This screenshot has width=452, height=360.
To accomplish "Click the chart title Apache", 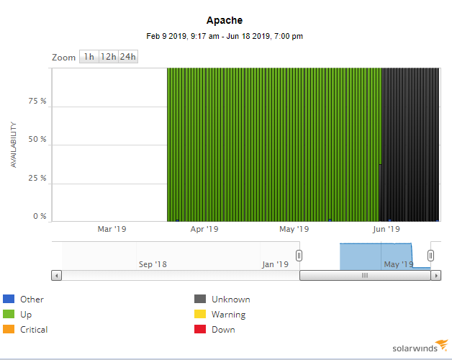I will coord(225,20).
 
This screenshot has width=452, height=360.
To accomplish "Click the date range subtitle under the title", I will coord(225,36).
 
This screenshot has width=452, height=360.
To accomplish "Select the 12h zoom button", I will coord(108,57).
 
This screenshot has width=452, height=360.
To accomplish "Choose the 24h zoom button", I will coord(128,57).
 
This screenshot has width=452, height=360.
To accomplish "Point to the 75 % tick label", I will coord(37,101).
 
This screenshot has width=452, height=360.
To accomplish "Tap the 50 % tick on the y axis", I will coord(37,140).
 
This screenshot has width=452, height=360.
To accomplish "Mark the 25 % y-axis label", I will coord(37,178).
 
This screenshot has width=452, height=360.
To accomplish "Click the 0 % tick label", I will coord(40,216).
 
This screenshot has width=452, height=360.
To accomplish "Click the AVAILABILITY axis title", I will coord(14,145).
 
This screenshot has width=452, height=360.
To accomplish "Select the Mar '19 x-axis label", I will coord(112,230).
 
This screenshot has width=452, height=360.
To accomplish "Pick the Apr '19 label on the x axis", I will coord(204,230).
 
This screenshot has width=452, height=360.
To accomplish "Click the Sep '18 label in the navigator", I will coord(152,264).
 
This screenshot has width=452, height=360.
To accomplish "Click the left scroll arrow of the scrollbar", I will coord(57,275).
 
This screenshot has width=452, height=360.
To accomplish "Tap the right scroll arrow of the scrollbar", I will coord(435,275).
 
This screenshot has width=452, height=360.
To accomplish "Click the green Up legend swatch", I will coord(9,315).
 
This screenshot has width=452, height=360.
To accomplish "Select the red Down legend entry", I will coord(223,330).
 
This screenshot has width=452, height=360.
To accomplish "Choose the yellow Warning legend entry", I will coord(228,315).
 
